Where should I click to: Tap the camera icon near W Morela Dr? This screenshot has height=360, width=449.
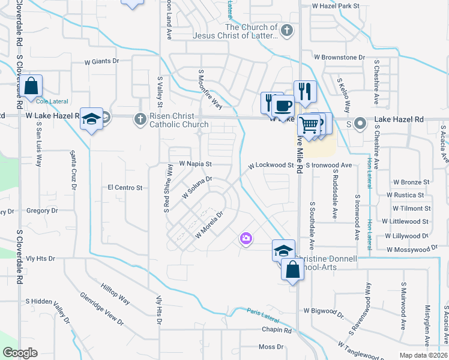pyautogui.click(x=246, y=239)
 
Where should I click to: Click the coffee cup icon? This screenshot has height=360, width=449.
pyautogui.click(x=282, y=106)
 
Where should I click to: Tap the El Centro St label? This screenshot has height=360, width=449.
pyautogui.click(x=124, y=188)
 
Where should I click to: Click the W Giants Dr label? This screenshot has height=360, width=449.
pyautogui.click(x=102, y=61)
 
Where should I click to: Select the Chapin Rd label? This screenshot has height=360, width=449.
pyautogui.click(x=276, y=330)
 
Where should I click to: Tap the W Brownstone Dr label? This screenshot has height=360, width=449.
pyautogui.click(x=339, y=58)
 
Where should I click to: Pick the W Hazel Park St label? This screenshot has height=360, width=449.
pyautogui.click(x=335, y=5)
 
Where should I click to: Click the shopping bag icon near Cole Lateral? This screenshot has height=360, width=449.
pyautogui.click(x=32, y=86)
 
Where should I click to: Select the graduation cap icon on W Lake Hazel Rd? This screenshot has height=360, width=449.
pyautogui.click(x=92, y=119)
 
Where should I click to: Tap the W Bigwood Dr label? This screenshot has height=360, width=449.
pyautogui.click(x=324, y=311)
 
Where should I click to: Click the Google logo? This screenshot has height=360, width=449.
pyautogui.click(x=20, y=353)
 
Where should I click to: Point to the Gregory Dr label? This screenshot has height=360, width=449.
pyautogui.click(x=41, y=211)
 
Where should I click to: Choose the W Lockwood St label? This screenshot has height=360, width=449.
pyautogui.click(x=271, y=165)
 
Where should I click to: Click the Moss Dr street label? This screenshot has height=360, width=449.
pyautogui.click(x=271, y=347)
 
